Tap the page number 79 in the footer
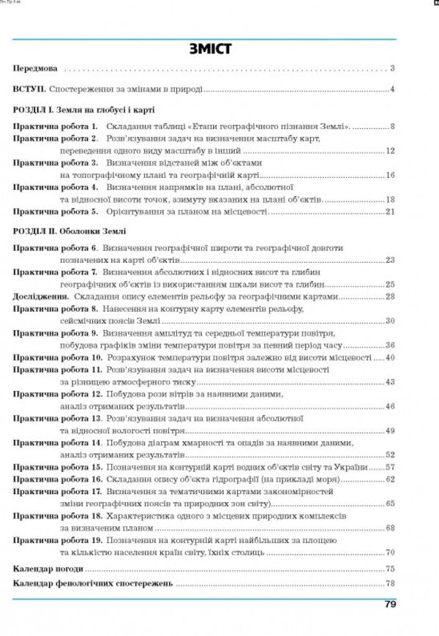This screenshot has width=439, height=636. (x=390, y=605)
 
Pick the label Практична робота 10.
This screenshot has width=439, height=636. (x=58, y=358)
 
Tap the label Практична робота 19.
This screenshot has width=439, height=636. (x=58, y=539)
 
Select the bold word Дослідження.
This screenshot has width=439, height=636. (x=41, y=297)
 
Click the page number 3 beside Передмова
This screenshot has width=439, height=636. (x=393, y=69)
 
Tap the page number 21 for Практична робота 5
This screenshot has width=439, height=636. (x=390, y=212)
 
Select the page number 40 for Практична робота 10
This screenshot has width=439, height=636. (x=390, y=358)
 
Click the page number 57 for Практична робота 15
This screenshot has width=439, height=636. (x=390, y=467)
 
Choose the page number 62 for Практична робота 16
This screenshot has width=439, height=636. (x=390, y=479)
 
